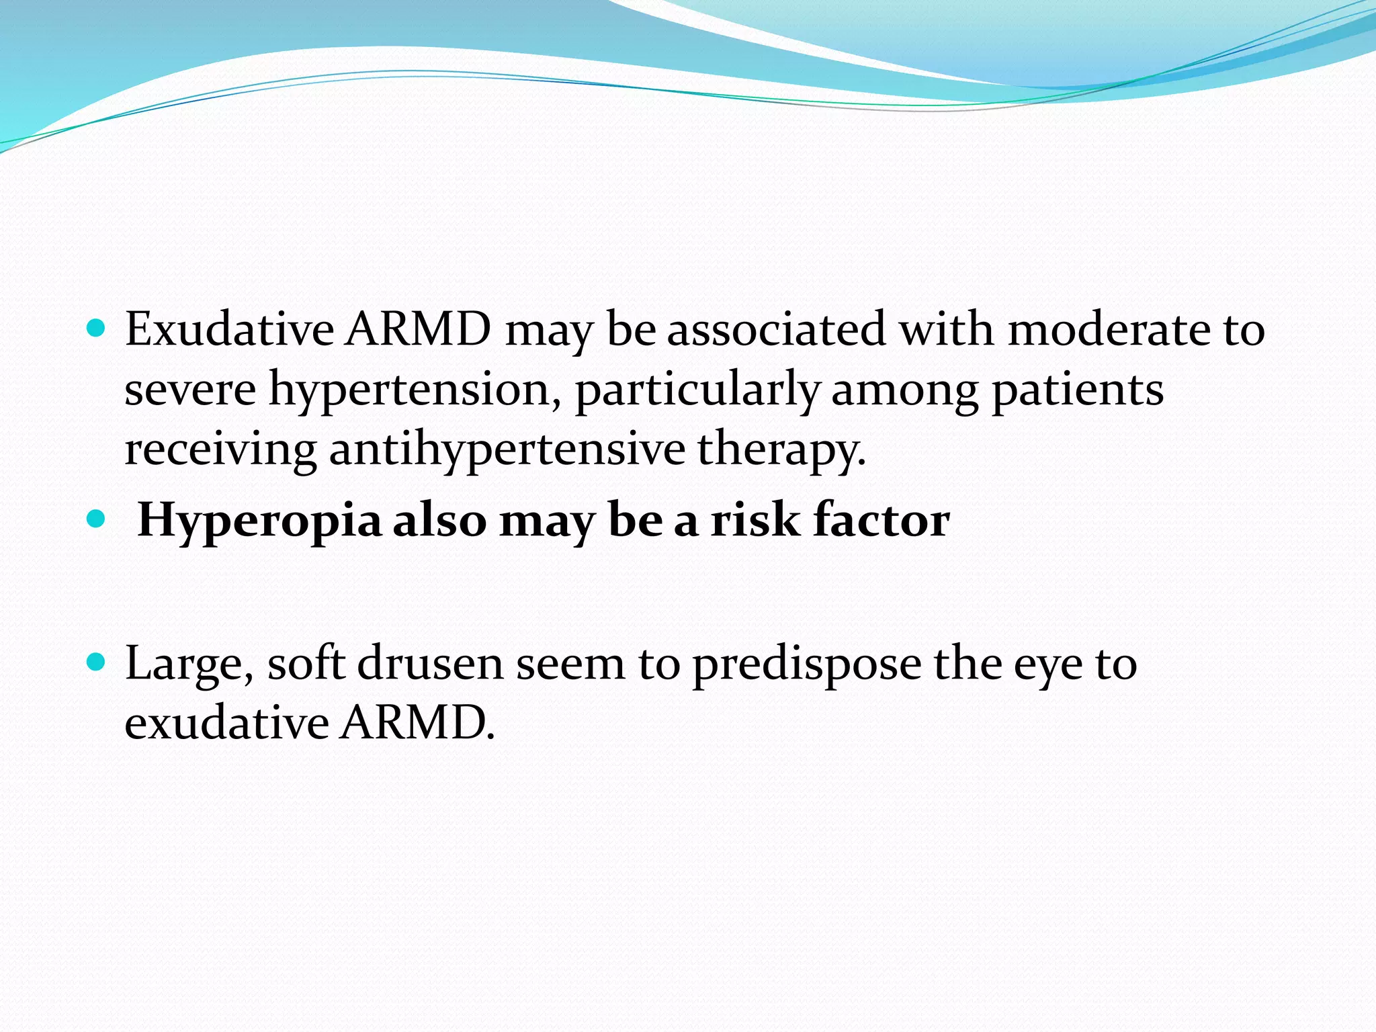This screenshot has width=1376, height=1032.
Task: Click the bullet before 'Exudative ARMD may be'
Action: click(97, 329)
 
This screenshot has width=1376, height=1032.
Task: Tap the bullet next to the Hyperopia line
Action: click(97, 519)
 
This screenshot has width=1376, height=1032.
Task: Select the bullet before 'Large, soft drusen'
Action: click(97, 662)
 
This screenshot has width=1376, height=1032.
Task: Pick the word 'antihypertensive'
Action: click(507, 449)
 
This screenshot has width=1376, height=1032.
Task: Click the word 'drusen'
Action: click(429, 664)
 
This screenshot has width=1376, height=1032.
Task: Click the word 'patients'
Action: click(1078, 390)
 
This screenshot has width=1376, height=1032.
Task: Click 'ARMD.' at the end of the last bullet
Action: click(417, 723)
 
